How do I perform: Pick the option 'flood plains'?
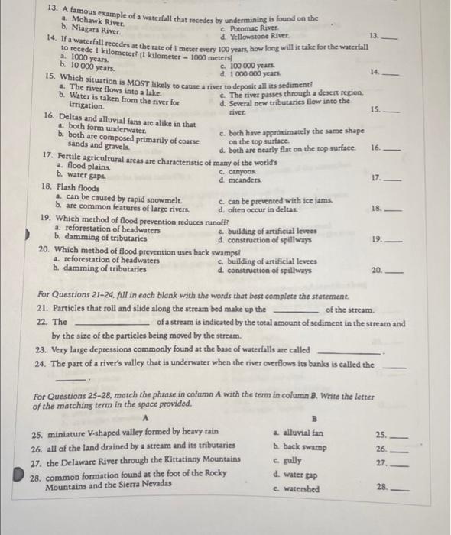click(89, 165)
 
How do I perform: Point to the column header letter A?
click(145, 418)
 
